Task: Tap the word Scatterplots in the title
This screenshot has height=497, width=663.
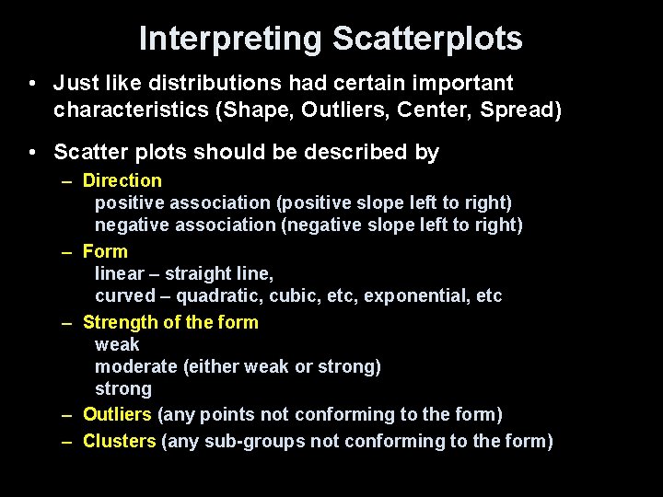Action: click(x=427, y=39)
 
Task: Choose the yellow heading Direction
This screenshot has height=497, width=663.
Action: click(x=122, y=180)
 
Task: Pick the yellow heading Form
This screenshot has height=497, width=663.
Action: click(x=105, y=250)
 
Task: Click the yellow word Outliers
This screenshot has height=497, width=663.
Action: click(x=117, y=415)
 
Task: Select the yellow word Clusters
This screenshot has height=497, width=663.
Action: click(x=119, y=441)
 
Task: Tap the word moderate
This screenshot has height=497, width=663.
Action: click(x=136, y=366)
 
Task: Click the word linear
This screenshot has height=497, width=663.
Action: click(x=119, y=273)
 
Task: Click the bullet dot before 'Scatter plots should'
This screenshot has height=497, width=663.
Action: click(x=32, y=153)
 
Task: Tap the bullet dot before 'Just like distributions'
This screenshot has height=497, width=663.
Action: click(x=32, y=85)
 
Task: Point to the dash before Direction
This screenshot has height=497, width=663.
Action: click(x=68, y=181)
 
